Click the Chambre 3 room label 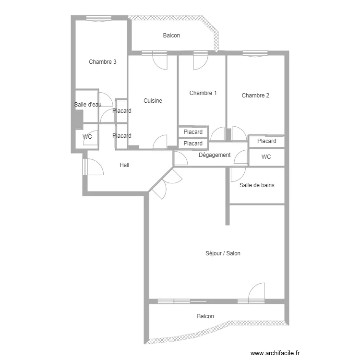(102, 62)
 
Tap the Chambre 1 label (203, 93)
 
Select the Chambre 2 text (255, 96)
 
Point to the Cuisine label (153, 101)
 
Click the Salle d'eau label (88, 105)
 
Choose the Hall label (124, 165)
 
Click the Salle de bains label (257, 185)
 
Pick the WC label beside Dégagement (266, 157)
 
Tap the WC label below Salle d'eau (87, 136)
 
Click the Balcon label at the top (171, 36)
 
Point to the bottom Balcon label (205, 316)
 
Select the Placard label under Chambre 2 (266, 141)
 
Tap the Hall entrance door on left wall (94, 167)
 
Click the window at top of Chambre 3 (99, 18)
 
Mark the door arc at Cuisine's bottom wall (160, 142)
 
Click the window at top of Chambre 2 (255, 53)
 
